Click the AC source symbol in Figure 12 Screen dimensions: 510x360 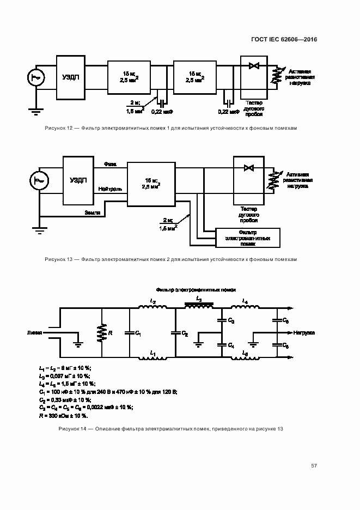pos(36,78)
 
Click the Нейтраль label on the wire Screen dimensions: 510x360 pos(110,189)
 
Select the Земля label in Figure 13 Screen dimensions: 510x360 pos(92,212)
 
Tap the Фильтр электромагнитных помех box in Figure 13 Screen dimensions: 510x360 pos(248,237)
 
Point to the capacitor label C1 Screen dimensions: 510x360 pos(138,332)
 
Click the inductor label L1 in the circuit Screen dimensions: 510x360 pos(152,355)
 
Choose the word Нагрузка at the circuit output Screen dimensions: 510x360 pos(305,332)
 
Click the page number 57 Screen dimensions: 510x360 pos(314,465)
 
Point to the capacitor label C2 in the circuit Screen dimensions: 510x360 pos(185,332)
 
